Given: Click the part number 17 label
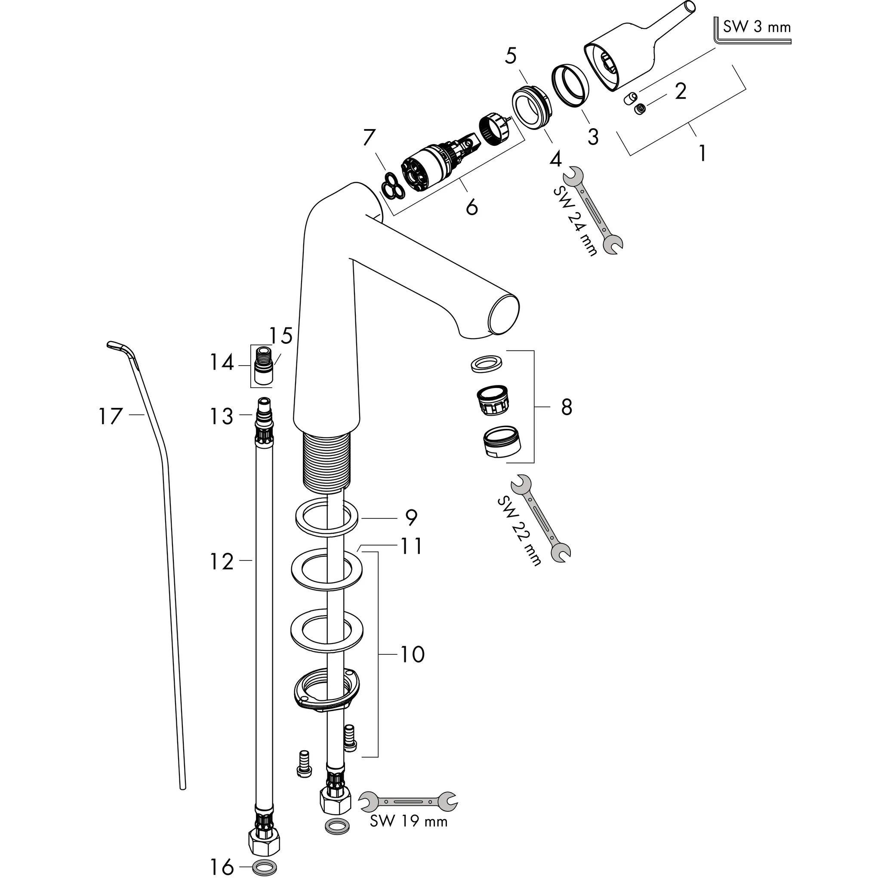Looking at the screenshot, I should tap(111, 416).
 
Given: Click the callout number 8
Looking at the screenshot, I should tap(567, 407).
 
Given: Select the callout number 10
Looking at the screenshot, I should tap(412, 654).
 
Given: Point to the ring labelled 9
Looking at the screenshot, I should tap(327, 518).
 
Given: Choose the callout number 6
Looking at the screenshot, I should tap(472, 207).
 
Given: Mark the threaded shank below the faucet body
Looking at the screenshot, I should tap(327, 463).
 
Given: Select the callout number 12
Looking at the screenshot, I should tap(222, 562).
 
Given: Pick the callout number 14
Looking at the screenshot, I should tap(222, 363).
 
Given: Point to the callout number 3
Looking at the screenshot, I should tap(593, 136).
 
